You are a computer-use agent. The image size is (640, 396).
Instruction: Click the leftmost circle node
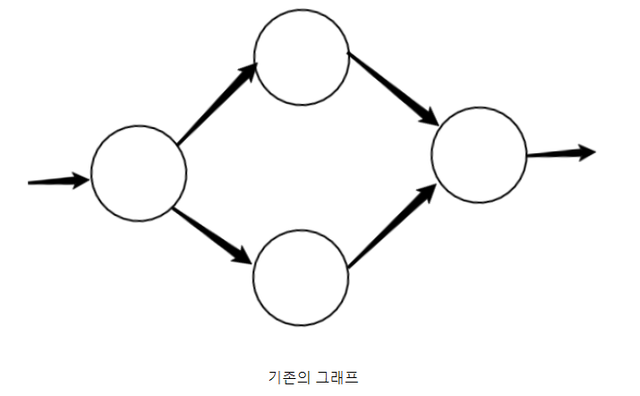139,174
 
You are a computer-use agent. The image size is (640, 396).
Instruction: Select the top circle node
302,57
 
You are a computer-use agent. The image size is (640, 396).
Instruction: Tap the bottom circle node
301,276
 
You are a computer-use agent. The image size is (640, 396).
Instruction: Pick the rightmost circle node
479,155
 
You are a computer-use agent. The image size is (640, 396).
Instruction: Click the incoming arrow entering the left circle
59,181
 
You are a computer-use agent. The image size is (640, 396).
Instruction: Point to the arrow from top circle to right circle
392,89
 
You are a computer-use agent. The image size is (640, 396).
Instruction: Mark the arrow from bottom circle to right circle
392,224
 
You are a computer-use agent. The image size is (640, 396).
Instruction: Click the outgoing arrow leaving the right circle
560,153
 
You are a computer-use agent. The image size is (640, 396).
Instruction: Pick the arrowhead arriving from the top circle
428,116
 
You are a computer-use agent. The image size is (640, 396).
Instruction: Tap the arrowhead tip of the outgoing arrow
593,151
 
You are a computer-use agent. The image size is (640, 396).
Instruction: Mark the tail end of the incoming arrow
30,183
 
